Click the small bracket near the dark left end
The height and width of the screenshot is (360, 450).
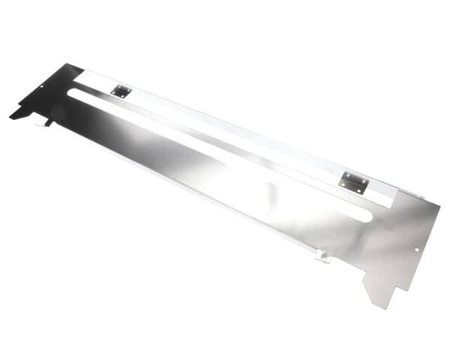click(x=121, y=91)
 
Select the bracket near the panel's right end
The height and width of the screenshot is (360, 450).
click(x=353, y=182)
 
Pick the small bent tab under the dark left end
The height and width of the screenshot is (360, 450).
click(x=48, y=121)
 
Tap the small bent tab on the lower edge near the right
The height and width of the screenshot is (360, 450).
click(x=322, y=256)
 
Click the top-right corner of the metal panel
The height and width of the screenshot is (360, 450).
click(x=440, y=202)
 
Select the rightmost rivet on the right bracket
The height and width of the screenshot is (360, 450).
click(x=364, y=184)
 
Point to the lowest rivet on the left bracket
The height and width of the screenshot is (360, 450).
click(x=118, y=96)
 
